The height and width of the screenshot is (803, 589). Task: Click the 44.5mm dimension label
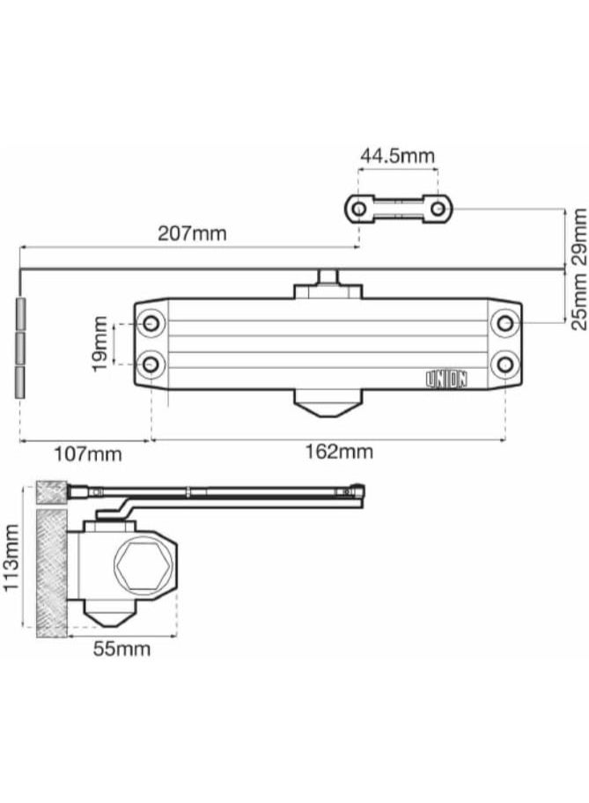click(396, 156)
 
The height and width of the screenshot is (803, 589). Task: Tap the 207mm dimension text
click(191, 233)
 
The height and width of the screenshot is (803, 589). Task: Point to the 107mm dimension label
click(87, 454)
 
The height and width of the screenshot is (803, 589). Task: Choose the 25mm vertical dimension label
click(578, 299)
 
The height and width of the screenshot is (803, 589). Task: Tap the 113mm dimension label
click(12, 559)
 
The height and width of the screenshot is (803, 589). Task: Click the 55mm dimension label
click(121, 650)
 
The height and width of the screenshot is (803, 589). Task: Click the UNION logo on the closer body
click(447, 379)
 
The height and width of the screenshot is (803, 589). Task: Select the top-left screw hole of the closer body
click(151, 324)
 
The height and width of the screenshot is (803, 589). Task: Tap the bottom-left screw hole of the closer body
click(151, 363)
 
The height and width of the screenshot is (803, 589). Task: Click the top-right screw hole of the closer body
click(504, 324)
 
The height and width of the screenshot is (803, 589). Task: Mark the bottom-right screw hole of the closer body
click(504, 363)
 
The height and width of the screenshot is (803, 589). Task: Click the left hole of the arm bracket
click(358, 209)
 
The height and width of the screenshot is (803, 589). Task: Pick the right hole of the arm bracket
click(438, 209)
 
